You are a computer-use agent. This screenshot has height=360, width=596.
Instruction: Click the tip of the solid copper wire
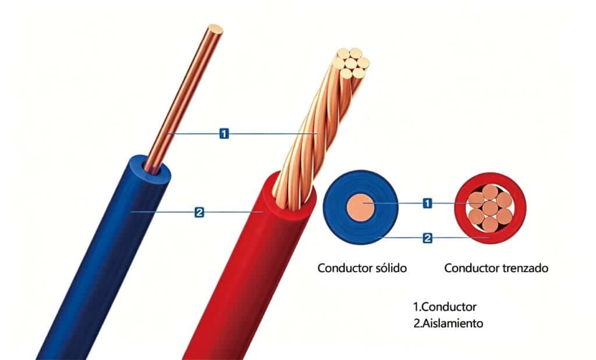click(215, 30)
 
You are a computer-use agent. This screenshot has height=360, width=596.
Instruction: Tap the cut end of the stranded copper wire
click(350, 63)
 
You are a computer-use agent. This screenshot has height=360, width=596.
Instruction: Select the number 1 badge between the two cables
click(224, 134)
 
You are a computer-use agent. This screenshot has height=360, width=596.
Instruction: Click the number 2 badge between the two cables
click(199, 212)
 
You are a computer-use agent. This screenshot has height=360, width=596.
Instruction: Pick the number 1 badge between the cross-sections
click(427, 203)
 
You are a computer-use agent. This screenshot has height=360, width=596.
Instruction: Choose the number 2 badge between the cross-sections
click(427, 238)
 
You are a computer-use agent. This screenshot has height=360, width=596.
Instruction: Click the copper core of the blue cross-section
click(361, 208)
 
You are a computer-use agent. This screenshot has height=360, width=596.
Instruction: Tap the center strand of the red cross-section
click(490, 208)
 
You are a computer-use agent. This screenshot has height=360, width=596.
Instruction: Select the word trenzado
click(525, 268)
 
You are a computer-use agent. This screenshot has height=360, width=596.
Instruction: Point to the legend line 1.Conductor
click(445, 307)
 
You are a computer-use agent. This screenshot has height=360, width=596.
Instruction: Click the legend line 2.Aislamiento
click(448, 323)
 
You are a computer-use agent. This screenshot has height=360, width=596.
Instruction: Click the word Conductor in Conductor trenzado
click(471, 268)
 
